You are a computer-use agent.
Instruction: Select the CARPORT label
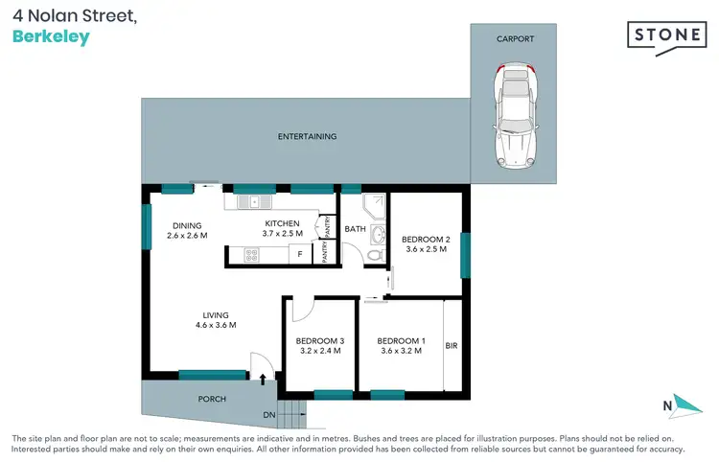point(515,39)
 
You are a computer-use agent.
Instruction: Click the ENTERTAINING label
point(307,136)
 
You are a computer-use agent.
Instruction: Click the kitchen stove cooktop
point(252,255)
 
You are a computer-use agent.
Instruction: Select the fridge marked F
point(300,255)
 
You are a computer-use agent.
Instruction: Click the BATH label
point(355,229)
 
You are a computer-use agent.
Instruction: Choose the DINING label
point(187,225)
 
